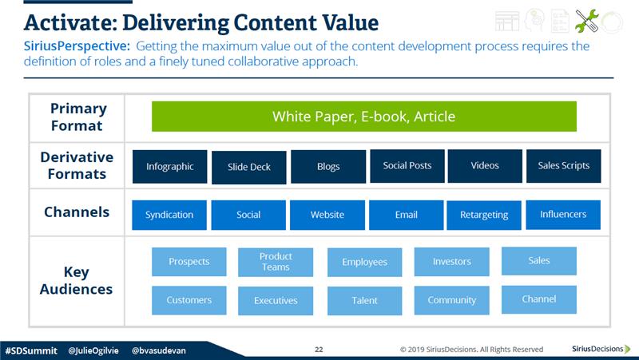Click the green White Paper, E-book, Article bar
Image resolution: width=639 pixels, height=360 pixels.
pyautogui.click(x=364, y=117)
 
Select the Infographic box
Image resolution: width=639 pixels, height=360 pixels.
pyautogui.click(x=169, y=167)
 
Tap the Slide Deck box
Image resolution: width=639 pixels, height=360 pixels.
pyautogui.click(x=249, y=167)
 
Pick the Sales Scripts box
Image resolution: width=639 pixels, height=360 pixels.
pyautogui.click(x=564, y=166)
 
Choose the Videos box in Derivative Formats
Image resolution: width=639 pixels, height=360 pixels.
pyautogui.click(x=485, y=166)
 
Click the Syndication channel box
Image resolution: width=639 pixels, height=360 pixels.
pyautogui.click(x=169, y=215)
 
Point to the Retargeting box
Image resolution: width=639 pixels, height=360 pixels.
pyautogui.click(x=484, y=215)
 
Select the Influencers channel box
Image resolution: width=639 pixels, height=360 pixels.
pyautogui.click(x=563, y=215)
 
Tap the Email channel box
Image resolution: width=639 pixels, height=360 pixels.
pyautogui.click(x=407, y=215)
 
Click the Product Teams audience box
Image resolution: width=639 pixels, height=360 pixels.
pyautogui.click(x=276, y=262)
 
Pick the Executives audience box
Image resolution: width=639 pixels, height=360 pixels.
pyautogui.click(x=276, y=301)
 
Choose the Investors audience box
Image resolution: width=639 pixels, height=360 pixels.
pyautogui.click(x=452, y=262)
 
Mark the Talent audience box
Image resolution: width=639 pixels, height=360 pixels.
pyautogui.click(x=365, y=301)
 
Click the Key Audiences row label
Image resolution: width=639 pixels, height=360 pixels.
pyautogui.click(x=76, y=281)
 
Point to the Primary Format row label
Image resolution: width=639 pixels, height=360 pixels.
pyautogui.click(x=77, y=117)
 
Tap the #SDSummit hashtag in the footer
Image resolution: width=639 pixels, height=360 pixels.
pyautogui.click(x=31, y=350)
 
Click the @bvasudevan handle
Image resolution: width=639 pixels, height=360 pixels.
pyautogui.click(x=159, y=350)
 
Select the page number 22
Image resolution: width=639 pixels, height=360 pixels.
pyautogui.click(x=319, y=350)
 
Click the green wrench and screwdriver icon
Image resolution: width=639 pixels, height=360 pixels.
pyautogui.click(x=587, y=21)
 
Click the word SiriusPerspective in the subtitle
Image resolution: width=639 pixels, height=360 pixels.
pyautogui.click(x=77, y=46)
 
